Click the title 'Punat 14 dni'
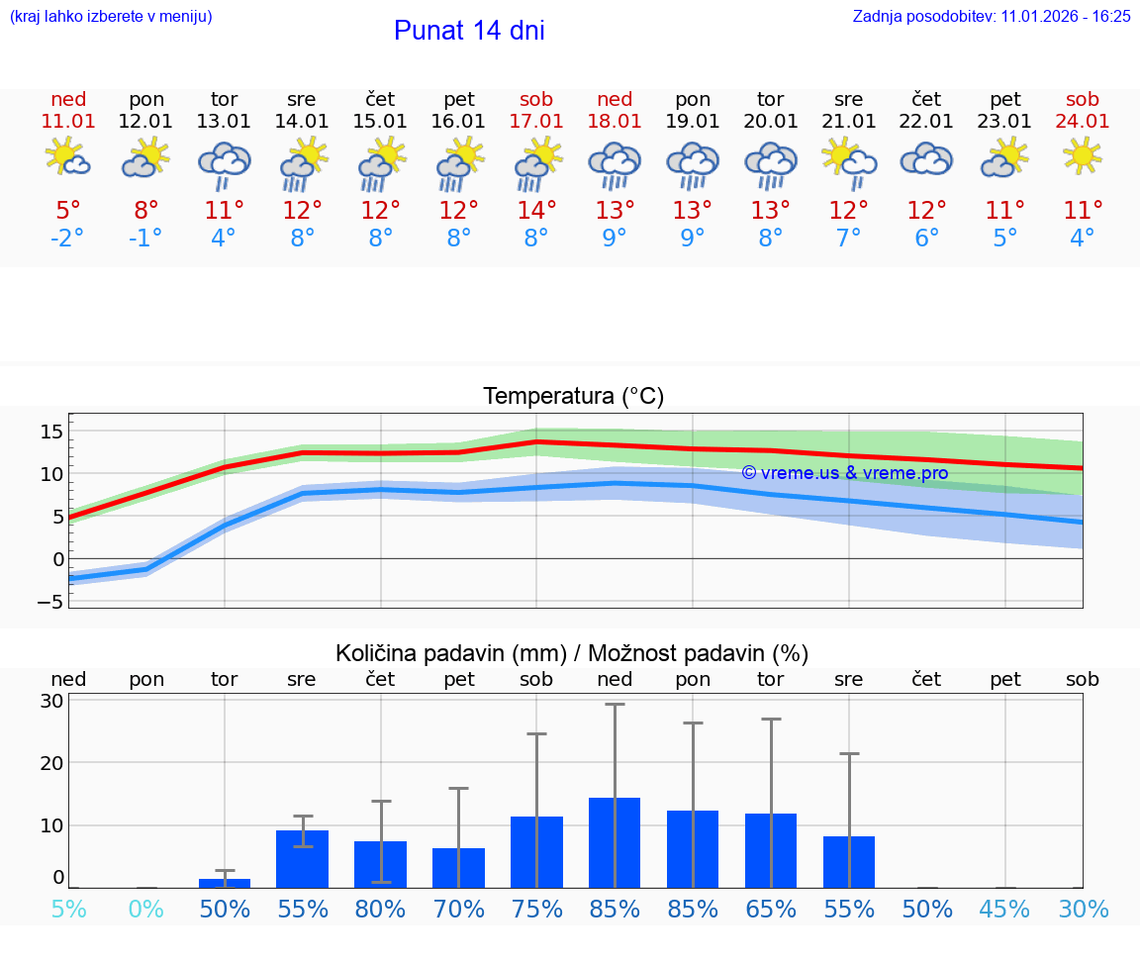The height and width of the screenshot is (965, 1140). [469, 31]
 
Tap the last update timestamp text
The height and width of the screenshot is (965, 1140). [992, 16]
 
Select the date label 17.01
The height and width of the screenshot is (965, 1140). [536, 121]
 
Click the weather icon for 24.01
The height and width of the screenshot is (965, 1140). [1083, 156]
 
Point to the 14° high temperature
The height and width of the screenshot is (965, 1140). [536, 211]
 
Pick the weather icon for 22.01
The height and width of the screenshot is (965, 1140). [926, 158]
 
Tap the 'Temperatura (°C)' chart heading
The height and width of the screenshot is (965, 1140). [573, 397]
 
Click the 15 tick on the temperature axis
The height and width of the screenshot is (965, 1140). [51, 432]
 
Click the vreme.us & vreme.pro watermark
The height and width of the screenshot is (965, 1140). [845, 473]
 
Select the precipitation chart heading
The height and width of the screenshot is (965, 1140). [572, 653]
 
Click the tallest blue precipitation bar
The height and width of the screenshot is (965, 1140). [615, 842]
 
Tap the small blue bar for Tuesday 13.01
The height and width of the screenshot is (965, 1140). [225, 883]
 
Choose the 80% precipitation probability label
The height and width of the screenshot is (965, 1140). [380, 910]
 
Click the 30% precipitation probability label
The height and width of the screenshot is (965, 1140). [1083, 910]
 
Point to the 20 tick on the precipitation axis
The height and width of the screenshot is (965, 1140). [51, 763]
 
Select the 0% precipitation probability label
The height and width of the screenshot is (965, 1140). [146, 910]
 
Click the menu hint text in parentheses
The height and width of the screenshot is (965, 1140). [111, 16]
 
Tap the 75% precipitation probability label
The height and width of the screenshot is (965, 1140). [536, 910]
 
